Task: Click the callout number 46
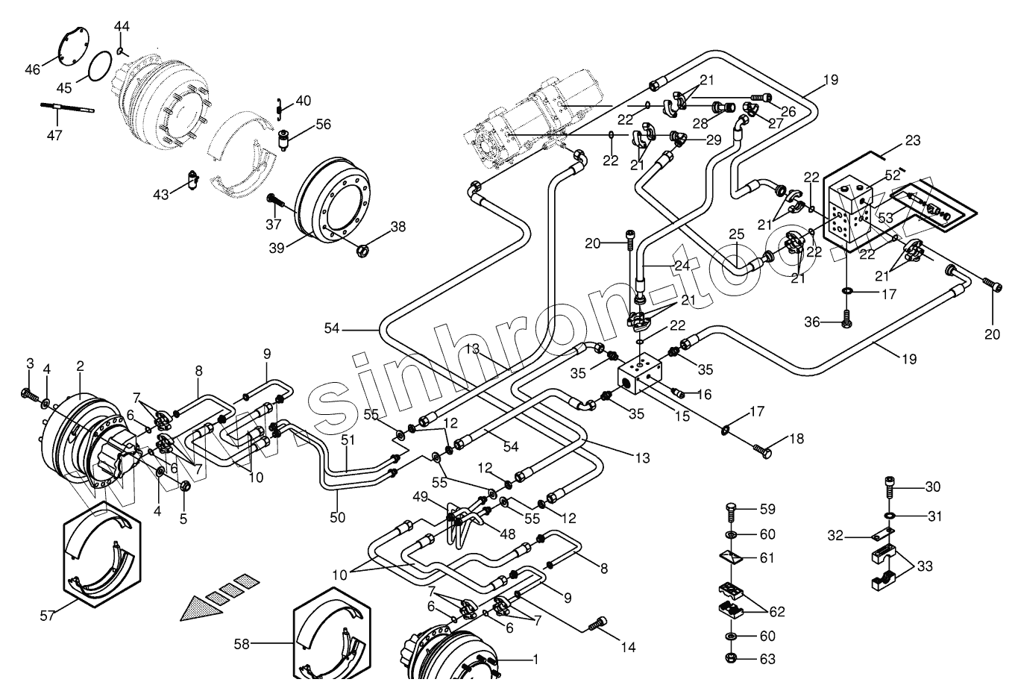(x=33, y=69)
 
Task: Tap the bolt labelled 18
(x=761, y=449)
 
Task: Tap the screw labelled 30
(x=888, y=484)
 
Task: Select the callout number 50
(x=338, y=516)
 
